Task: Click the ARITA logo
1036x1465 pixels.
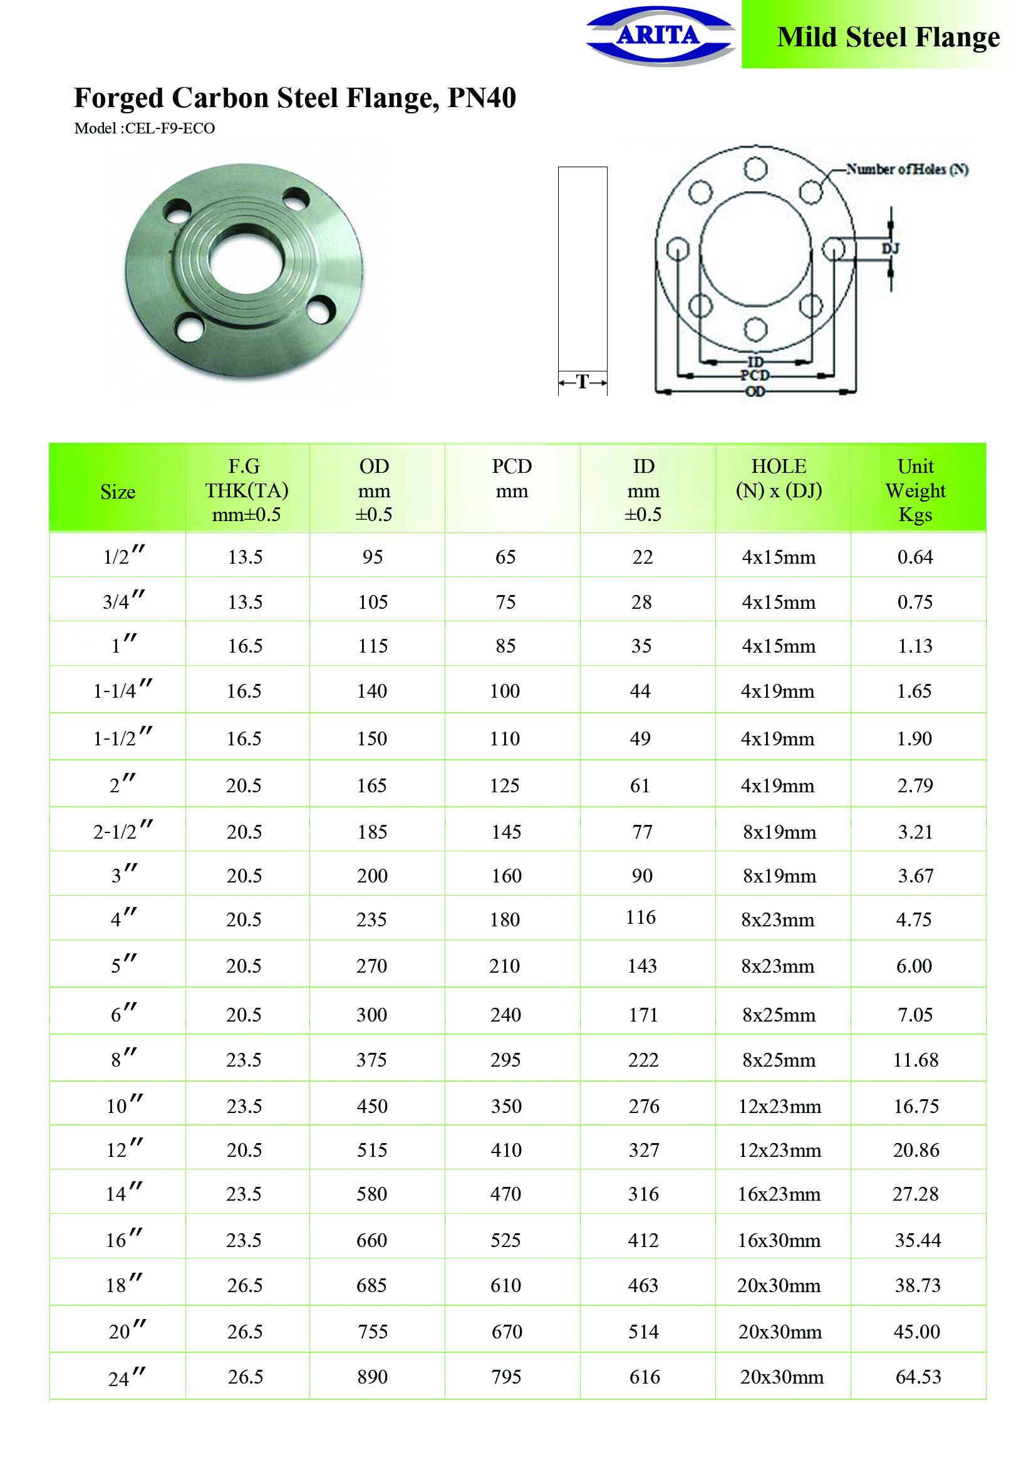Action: (660, 36)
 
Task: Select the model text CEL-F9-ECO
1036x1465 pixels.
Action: (170, 128)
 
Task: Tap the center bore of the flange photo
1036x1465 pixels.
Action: (246, 262)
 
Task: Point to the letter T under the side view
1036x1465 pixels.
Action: (582, 381)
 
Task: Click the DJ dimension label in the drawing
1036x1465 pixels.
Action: (890, 248)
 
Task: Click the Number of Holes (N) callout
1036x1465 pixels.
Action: (906, 169)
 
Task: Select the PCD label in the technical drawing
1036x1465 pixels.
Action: (755, 375)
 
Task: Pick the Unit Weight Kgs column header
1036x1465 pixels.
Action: (914, 490)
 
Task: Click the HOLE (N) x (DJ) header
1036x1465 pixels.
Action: (779, 479)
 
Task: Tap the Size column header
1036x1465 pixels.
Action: (117, 492)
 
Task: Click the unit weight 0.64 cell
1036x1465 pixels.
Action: (914, 557)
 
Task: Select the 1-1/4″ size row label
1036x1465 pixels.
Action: (123, 690)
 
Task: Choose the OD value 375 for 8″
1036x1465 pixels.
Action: (371, 1060)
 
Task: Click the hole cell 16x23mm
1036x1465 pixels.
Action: (779, 1194)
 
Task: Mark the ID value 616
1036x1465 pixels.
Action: (644, 1377)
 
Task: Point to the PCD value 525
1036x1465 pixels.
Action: (505, 1240)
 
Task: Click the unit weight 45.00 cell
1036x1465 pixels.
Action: (916, 1332)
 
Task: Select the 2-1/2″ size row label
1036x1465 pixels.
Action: (123, 831)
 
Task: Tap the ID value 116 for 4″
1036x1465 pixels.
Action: (641, 918)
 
